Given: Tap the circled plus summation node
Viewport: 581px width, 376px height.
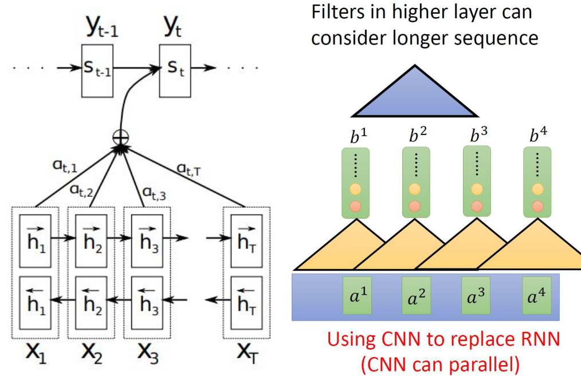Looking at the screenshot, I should (122, 137).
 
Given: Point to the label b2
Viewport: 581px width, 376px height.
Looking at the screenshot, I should (417, 136).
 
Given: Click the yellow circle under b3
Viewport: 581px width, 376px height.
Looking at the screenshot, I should (477, 190).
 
